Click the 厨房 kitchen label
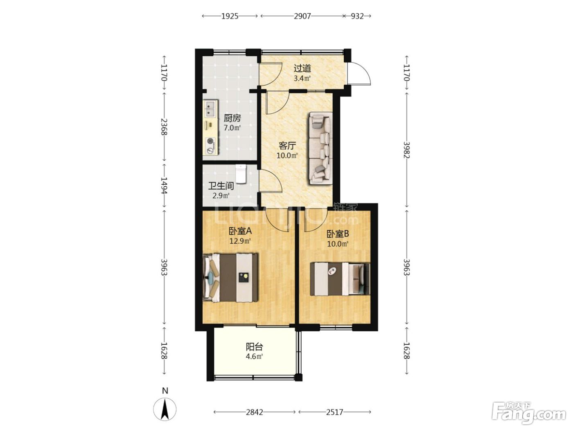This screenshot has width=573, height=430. pyautogui.click(x=232, y=118)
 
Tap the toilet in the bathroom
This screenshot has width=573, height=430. pyautogui.click(x=241, y=174)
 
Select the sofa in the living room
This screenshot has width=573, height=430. pyautogui.click(x=321, y=148)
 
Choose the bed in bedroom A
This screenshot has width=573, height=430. pyautogui.click(x=230, y=278)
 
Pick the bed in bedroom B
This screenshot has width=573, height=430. pyautogui.click(x=340, y=279)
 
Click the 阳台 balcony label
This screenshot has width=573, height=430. pyautogui.click(x=254, y=347)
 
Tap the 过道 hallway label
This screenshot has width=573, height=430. pyautogui.click(x=302, y=68)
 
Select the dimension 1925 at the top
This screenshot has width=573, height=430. pyautogui.click(x=230, y=16)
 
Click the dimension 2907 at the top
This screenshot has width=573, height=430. pyautogui.click(x=302, y=16)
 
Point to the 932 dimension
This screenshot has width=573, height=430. pyautogui.click(x=357, y=16)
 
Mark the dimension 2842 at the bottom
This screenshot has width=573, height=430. pyautogui.click(x=255, y=412)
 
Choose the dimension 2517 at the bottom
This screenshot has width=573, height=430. pyautogui.click(x=335, y=412)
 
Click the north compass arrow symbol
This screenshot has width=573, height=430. pyautogui.click(x=165, y=410)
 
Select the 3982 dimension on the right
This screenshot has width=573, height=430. pyautogui.click(x=407, y=150)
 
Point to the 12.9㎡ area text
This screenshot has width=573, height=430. pyautogui.click(x=240, y=241)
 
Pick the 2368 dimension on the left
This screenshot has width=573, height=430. pyautogui.click(x=164, y=127)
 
